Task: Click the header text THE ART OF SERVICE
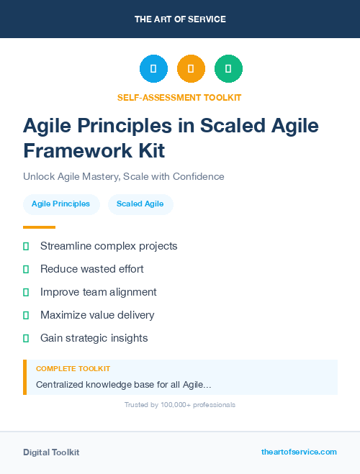pos(180,19)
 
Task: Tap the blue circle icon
pos(153,69)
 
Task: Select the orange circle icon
pos(191,69)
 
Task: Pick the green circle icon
pos(228,69)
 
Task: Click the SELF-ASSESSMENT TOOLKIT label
pos(180,97)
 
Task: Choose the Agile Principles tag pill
pos(60,204)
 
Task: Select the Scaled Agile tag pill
pos(140,204)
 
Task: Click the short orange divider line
pos(39,227)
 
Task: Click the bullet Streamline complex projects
pos(109,246)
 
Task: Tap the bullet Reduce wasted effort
pos(92,269)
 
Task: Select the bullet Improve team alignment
pos(98,292)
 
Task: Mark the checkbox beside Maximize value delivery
pos(26,315)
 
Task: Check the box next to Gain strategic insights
pos(26,338)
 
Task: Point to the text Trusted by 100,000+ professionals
pos(180,405)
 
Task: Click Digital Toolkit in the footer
pos(51,452)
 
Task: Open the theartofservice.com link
pos(299,452)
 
